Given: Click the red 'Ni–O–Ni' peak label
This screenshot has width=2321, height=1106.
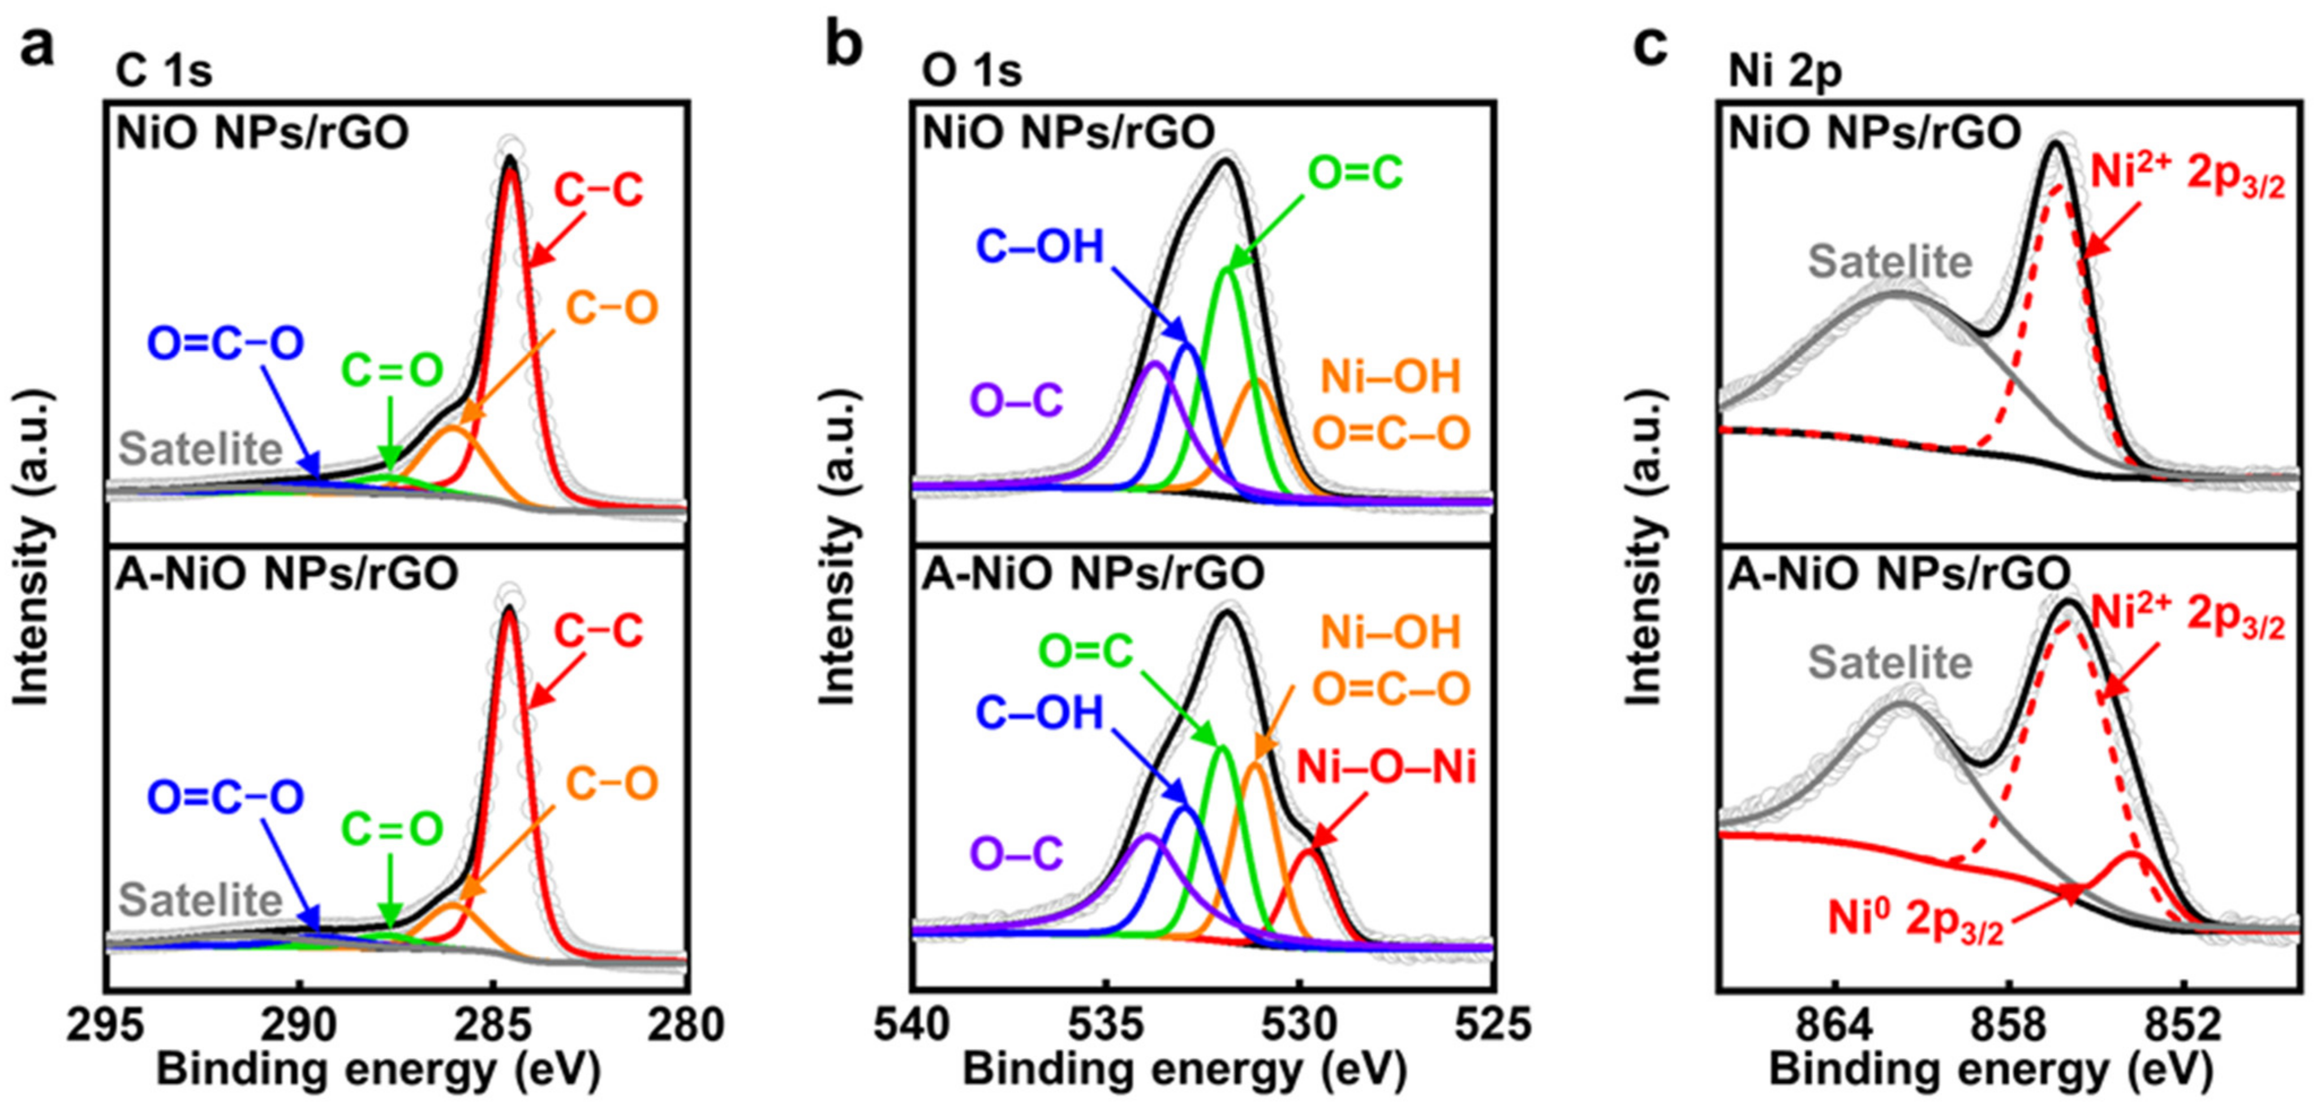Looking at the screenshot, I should pyautogui.click(x=1386, y=768).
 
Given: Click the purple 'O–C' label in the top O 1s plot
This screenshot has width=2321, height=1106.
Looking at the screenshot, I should pyautogui.click(x=1016, y=401).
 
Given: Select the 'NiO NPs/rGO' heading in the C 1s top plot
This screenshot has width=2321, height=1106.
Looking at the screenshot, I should pyautogui.click(x=262, y=132).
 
